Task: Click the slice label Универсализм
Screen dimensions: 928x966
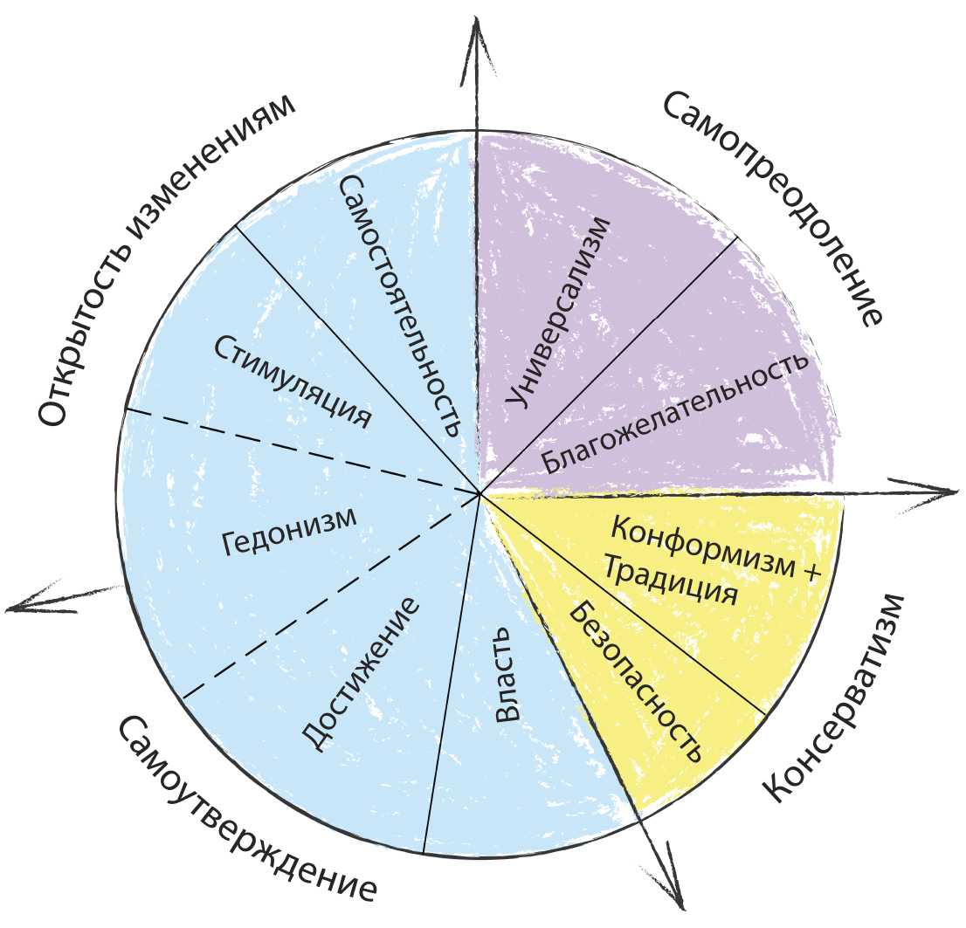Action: coord(557,312)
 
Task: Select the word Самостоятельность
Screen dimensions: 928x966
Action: coord(398,305)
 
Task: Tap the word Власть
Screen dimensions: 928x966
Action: coord(507,684)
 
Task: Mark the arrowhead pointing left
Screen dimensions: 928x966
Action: coord(26,604)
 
